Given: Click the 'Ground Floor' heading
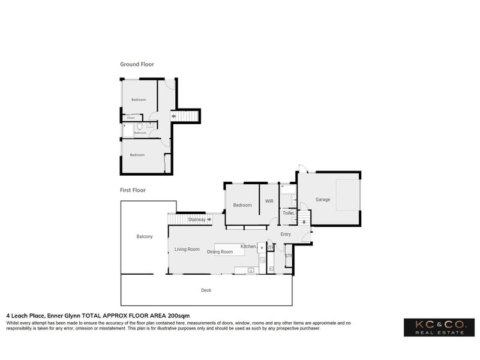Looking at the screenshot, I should point(137,64).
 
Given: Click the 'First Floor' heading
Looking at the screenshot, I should point(133,190).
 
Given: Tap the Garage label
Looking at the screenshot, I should point(323,200).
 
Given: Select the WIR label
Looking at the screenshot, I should point(269,201).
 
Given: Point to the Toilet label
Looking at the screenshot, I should point(287,213).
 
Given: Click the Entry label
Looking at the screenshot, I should point(285,235).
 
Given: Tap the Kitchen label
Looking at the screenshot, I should point(248,247).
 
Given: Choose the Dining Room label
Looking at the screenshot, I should point(220,252).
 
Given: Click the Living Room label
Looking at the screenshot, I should point(187,249).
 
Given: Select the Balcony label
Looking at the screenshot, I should point(144,236).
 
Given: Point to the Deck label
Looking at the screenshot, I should point(206,290).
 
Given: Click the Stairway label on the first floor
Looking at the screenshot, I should point(197,220).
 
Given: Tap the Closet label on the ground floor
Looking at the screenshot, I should point(130,118).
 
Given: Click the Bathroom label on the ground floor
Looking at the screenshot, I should point(140,133).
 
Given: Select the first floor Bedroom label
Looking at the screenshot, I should point(242,205).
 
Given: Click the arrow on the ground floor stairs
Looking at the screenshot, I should point(174,115).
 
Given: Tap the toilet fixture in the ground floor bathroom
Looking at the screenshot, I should point(139,126).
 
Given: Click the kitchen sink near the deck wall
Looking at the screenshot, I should point(250,271).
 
